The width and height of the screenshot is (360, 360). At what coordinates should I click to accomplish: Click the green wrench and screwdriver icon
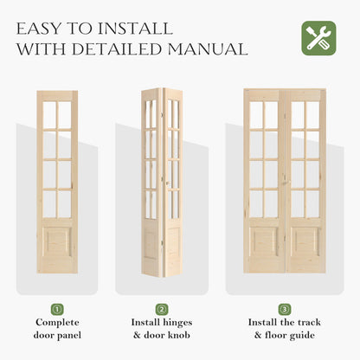[318, 38]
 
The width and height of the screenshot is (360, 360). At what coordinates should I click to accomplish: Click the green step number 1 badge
[57, 309]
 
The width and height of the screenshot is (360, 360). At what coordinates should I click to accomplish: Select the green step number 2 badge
[162, 309]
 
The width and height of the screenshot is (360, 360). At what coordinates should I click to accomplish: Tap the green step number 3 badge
[285, 309]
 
